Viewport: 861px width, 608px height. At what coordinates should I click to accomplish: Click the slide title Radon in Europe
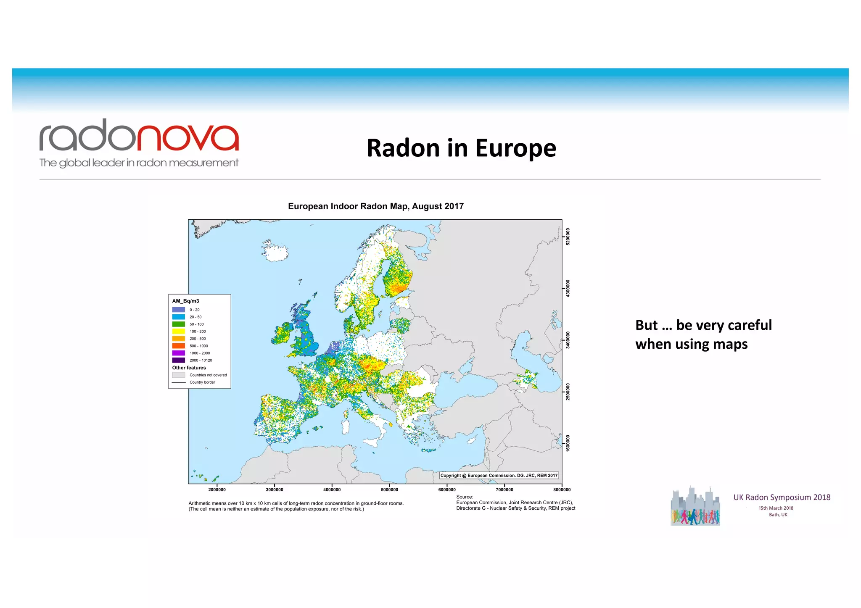[461, 148]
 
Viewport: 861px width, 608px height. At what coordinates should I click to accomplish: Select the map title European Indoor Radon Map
[375, 206]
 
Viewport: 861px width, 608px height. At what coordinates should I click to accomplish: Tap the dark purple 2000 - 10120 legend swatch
[178, 360]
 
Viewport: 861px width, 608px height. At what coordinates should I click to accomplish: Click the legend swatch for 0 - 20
[178, 310]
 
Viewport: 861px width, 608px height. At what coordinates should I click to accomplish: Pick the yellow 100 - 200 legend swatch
[178, 332]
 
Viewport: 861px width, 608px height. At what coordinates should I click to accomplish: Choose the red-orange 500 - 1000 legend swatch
[178, 346]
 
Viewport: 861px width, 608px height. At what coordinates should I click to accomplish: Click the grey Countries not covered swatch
[178, 375]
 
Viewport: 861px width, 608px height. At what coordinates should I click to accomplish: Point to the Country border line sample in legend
[178, 382]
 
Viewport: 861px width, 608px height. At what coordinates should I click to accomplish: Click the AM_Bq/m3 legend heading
[185, 301]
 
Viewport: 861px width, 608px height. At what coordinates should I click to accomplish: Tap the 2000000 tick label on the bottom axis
[217, 490]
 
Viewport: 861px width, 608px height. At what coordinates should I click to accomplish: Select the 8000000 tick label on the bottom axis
[562, 490]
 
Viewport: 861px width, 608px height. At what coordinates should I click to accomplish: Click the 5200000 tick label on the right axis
[568, 237]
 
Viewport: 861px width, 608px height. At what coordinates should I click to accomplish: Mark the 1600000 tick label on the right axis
[568, 443]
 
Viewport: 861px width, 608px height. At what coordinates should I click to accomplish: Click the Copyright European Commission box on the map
[499, 476]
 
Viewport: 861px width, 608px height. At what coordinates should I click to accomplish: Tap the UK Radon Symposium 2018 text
[782, 497]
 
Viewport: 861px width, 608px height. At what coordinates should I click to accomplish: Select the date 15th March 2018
[776, 508]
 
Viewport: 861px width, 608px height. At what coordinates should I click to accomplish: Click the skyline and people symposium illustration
[695, 507]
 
